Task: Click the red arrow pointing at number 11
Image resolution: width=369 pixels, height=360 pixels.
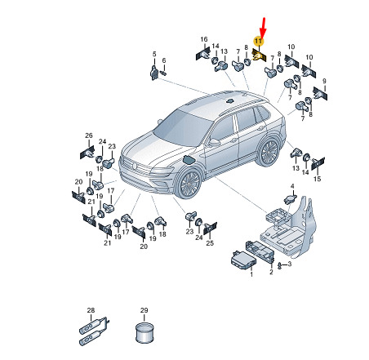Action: click(263, 28)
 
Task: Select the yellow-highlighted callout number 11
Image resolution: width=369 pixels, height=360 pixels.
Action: click(258, 42)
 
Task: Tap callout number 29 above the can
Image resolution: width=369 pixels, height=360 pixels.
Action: click(144, 310)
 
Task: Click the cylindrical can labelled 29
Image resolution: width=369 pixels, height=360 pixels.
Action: click(144, 333)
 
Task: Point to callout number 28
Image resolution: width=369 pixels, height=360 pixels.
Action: click(91, 310)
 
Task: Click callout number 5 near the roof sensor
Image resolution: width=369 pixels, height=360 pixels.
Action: click(154, 54)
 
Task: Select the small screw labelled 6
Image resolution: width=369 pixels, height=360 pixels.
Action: click(163, 73)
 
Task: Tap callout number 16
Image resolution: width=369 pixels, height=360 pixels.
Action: click(204, 39)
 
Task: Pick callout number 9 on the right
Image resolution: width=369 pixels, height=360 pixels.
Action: click(324, 81)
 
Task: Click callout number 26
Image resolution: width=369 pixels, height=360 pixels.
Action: click(89, 136)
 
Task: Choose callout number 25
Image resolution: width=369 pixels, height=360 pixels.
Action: click(210, 243)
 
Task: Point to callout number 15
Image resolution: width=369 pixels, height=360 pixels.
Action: click(317, 179)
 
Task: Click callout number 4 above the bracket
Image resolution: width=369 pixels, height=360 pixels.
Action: click(292, 186)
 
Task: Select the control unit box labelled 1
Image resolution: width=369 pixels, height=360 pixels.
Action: click(243, 261)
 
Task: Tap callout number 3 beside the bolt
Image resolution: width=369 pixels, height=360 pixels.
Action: click(290, 264)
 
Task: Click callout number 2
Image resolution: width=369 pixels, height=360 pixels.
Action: click(271, 272)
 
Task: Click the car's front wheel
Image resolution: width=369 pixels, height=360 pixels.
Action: click(189, 183)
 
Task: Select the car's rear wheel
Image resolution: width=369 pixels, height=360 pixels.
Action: click(269, 152)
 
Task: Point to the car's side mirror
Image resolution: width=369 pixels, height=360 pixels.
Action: click(214, 142)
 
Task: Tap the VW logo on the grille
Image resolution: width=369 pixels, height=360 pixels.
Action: click(134, 165)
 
